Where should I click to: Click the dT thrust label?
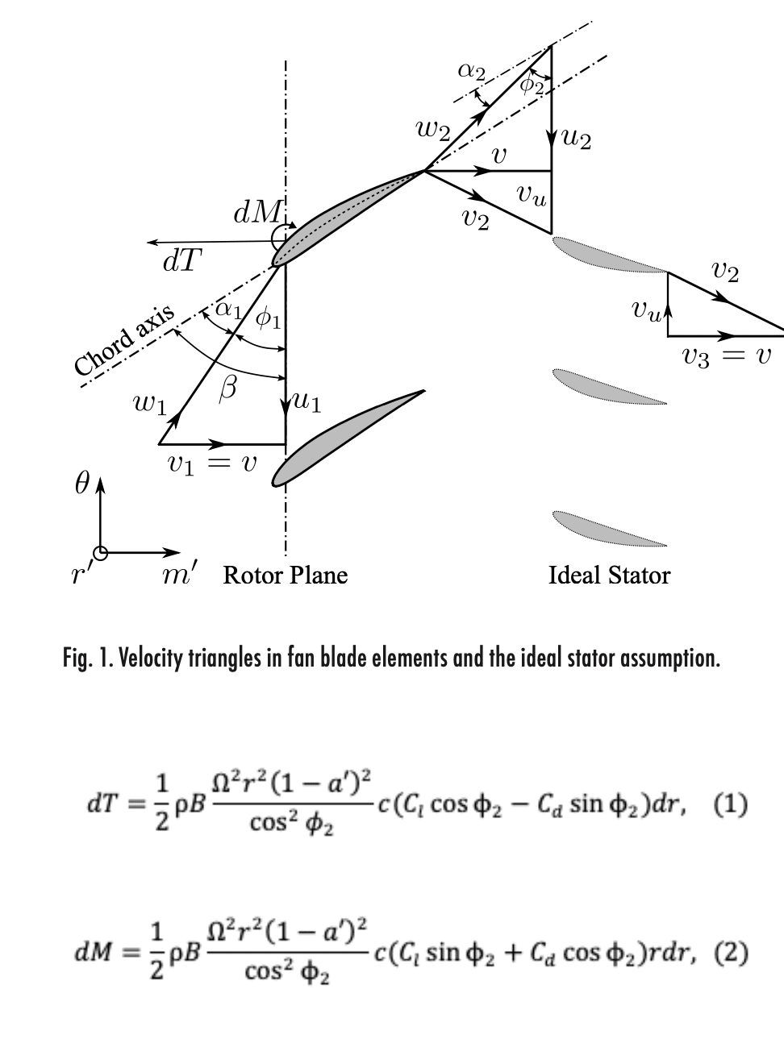pos(182,261)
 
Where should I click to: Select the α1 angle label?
pos(229,310)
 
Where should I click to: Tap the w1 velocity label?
pos(150,404)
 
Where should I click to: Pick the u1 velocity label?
pos(307,402)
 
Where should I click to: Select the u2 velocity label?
pos(576,139)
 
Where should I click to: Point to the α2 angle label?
pos(472,72)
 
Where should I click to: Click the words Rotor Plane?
pos(286,575)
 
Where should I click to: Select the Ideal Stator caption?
pos(610,575)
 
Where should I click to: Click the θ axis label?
pos(81,484)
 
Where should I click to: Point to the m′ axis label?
pos(179,574)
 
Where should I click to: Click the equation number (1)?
pos(731,805)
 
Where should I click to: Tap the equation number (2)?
pos(731,954)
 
